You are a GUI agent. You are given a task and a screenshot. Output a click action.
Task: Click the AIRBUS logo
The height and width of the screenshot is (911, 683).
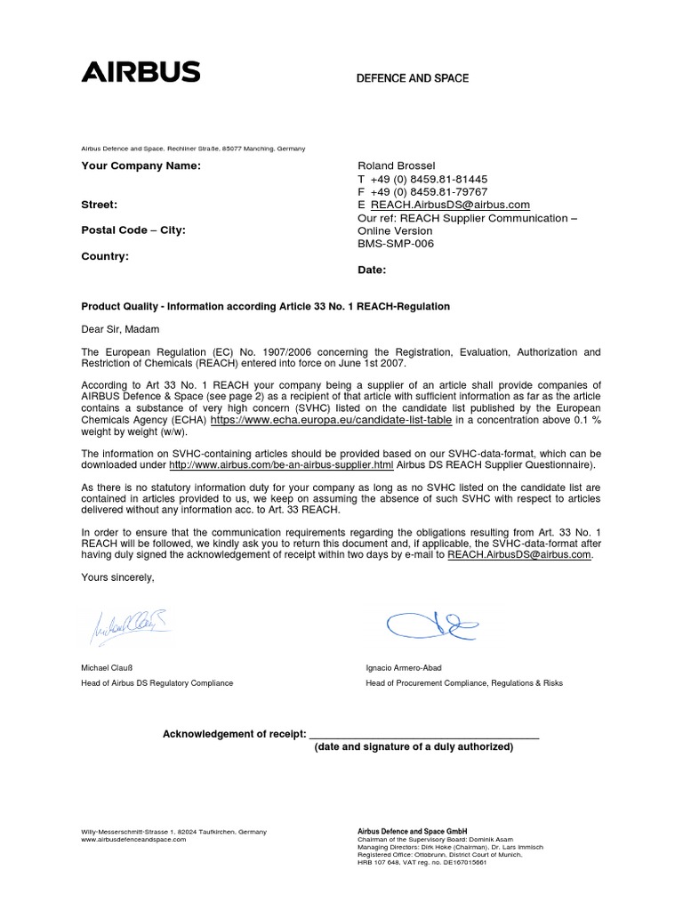pyautogui.click(x=141, y=73)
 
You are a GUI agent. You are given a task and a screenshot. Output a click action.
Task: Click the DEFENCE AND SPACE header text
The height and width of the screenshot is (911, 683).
pyautogui.click(x=412, y=78)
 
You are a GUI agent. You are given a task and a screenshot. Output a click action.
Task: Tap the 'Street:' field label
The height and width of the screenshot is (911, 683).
pyautogui.click(x=100, y=205)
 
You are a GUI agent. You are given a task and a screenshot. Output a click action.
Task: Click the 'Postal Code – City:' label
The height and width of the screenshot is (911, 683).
pyautogui.click(x=134, y=230)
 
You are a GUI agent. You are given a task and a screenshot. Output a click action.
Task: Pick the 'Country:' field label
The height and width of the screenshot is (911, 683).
pyautogui.click(x=105, y=256)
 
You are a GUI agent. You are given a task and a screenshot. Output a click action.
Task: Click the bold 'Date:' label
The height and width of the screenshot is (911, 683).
pyautogui.click(x=371, y=269)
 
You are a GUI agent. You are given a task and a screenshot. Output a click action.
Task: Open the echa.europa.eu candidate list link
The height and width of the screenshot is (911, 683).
pyautogui.click(x=331, y=419)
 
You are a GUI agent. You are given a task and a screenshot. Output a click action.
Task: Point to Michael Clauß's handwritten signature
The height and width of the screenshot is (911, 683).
pyautogui.click(x=128, y=627)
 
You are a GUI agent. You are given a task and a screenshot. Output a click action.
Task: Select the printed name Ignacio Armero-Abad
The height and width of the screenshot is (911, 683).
pyautogui.click(x=404, y=666)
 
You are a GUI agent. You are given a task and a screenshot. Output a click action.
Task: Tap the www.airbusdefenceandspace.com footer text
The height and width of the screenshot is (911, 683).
pyautogui.click(x=133, y=840)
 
